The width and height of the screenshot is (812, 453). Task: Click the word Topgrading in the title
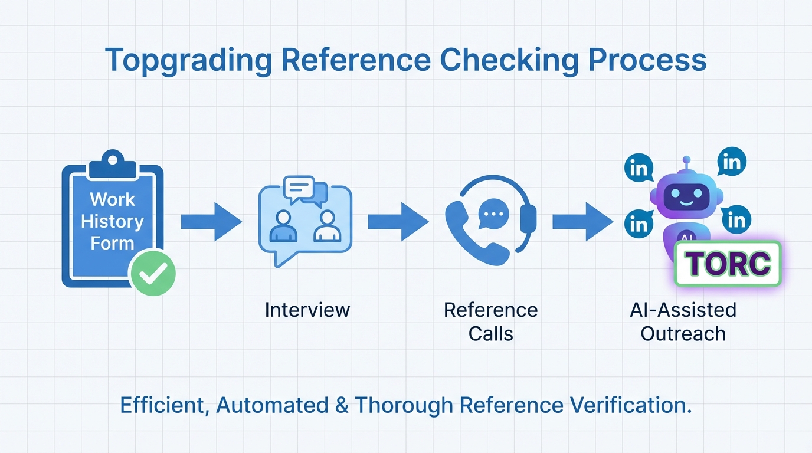(x=188, y=61)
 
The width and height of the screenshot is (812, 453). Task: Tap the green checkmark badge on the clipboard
(x=152, y=272)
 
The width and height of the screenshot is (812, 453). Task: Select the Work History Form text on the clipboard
(x=112, y=221)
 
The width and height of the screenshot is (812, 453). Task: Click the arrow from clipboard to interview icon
(x=211, y=222)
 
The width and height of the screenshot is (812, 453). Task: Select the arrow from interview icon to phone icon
(x=398, y=222)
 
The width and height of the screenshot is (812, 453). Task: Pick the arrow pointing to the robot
(x=582, y=222)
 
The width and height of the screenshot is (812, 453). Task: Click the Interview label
(x=307, y=310)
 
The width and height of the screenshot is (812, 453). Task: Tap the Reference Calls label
(x=490, y=321)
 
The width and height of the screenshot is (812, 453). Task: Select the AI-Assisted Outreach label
(x=683, y=321)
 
